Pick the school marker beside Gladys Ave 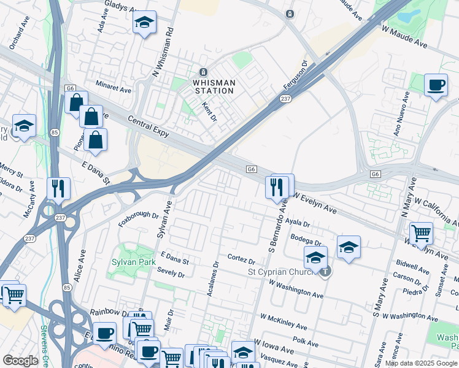tap(144, 23)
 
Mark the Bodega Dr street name tap(307, 241)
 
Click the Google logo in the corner tap(20, 361)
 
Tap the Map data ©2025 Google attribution tap(421, 363)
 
